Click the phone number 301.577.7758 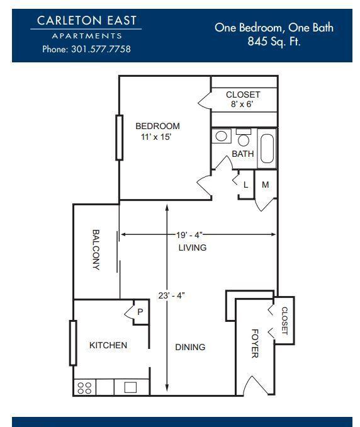click(101, 49)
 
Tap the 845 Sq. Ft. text click(274, 42)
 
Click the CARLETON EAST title click(86, 20)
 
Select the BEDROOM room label click(157, 126)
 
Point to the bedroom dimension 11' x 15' click(156, 137)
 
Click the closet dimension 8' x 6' click(242, 104)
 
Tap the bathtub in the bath click(267, 149)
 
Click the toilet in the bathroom click(244, 137)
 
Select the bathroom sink click(222, 136)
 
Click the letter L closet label click(245, 185)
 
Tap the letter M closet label click(266, 185)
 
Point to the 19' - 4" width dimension click(189, 235)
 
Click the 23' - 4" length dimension click(171, 295)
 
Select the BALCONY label click(96, 250)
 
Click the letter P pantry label click(140, 312)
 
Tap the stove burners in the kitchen click(84, 388)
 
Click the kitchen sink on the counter click(130, 387)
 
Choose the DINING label click(190, 347)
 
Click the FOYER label click(255, 343)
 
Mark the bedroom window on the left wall click(119, 137)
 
